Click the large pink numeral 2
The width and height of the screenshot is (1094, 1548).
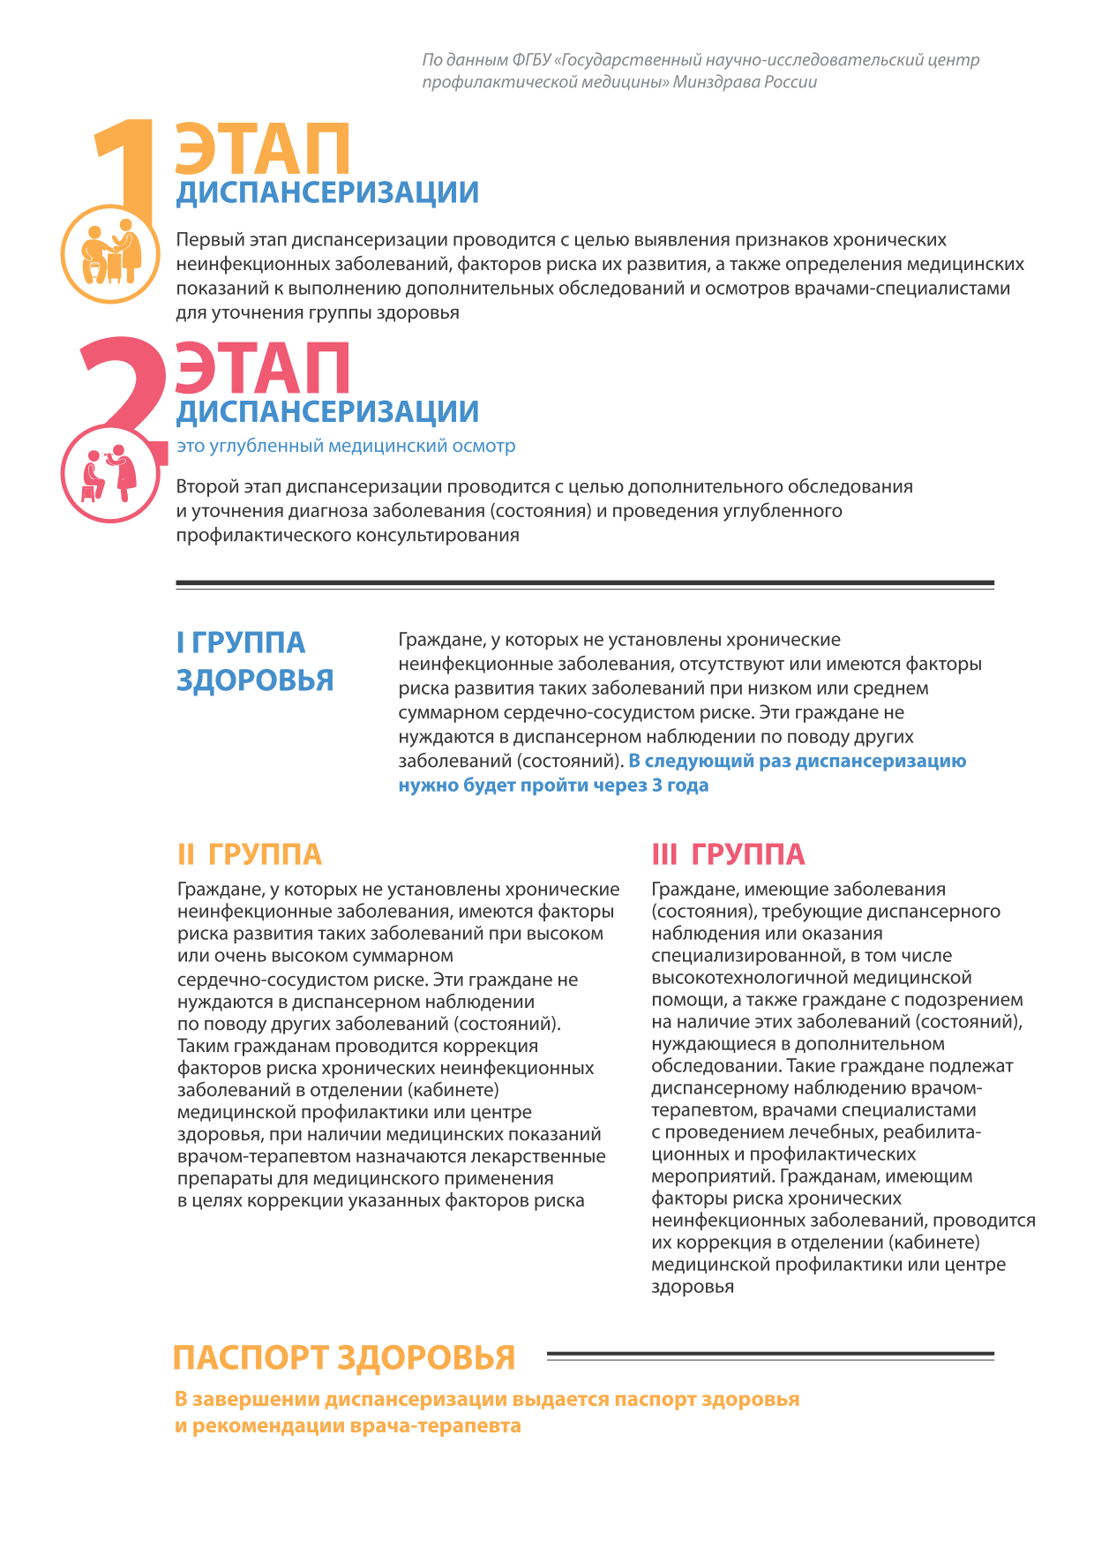pyautogui.click(x=124, y=379)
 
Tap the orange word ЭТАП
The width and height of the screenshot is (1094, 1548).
pyautogui.click(x=262, y=150)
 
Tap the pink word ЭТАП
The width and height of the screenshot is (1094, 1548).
pyautogui.click(x=262, y=369)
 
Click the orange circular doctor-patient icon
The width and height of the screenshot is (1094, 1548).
pyautogui.click(x=110, y=254)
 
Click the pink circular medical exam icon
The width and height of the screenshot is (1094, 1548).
pyautogui.click(x=110, y=473)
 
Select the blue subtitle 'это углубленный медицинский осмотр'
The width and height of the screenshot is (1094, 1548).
pyautogui.click(x=346, y=446)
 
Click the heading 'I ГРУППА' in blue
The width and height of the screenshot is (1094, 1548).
pyautogui.click(x=241, y=642)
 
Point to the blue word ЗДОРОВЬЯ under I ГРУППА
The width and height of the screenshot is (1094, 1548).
pyautogui.click(x=255, y=680)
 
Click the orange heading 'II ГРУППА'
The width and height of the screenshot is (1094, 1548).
pyautogui.click(x=250, y=854)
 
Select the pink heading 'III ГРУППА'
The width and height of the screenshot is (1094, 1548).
pyautogui.click(x=728, y=854)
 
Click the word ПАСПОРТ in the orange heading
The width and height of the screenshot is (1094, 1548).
pyautogui.click(x=251, y=1357)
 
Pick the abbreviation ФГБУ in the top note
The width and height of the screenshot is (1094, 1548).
pyautogui.click(x=529, y=60)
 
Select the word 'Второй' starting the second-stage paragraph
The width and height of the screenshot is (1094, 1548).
pyautogui.click(x=203, y=486)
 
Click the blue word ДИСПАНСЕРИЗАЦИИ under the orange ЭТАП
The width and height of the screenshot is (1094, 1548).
pyautogui.click(x=327, y=192)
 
